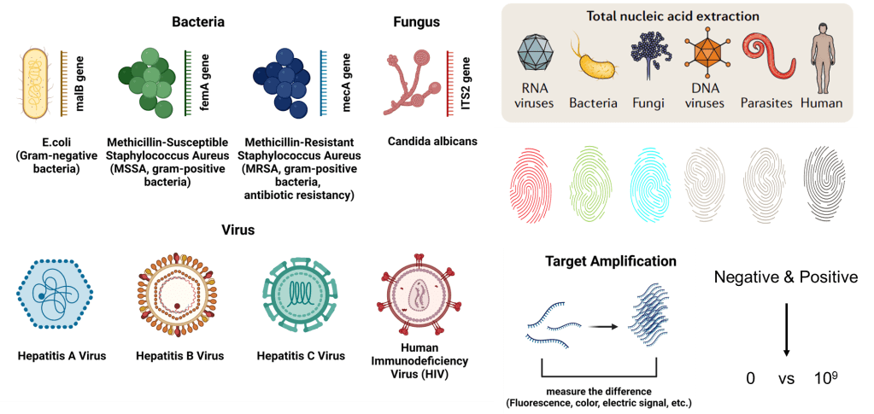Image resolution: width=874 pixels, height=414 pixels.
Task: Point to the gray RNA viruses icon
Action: (x=537, y=55)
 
